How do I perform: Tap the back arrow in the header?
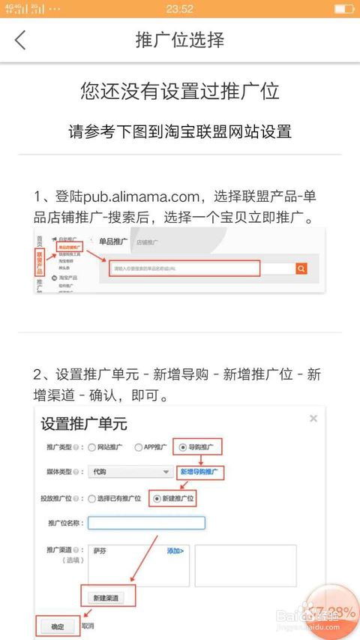(20, 40)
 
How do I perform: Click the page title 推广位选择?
(180, 40)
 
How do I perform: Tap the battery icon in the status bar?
(343, 9)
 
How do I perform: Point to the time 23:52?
(180, 9)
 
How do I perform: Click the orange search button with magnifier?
(301, 269)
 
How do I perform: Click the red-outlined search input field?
(184, 268)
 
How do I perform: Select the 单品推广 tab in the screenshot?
(113, 242)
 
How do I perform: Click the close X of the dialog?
(313, 418)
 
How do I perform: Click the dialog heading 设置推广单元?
(84, 423)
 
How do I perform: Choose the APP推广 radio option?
(139, 448)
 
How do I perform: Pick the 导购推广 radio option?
(183, 448)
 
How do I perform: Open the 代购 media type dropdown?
(130, 472)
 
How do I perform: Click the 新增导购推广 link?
(201, 473)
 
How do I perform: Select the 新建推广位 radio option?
(157, 497)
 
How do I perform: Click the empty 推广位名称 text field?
(146, 522)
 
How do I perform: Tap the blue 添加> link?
(175, 551)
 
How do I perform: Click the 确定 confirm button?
(57, 626)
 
